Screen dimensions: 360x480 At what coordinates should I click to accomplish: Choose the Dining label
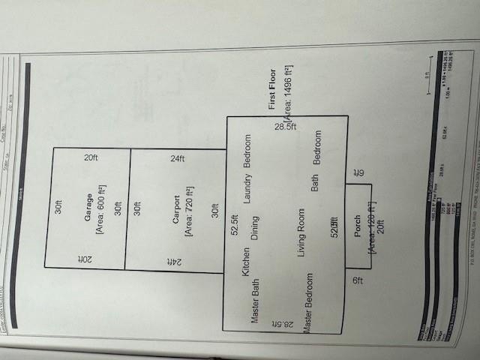click(x=255, y=227)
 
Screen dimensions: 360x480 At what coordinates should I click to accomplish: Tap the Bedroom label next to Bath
click(x=317, y=149)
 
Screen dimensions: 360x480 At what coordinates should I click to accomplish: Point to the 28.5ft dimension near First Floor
click(x=284, y=128)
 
